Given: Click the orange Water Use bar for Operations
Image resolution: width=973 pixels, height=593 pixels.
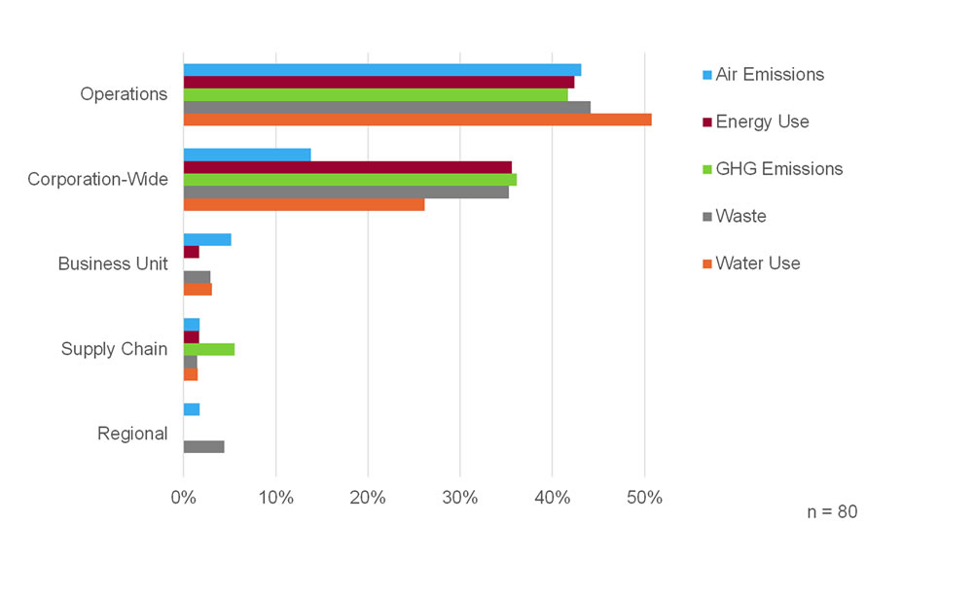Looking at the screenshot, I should click(x=417, y=120).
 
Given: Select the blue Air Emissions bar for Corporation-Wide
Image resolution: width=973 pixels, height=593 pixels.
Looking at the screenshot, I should click(x=247, y=155).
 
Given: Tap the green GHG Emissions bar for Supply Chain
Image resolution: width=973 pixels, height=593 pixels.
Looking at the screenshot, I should click(x=209, y=350).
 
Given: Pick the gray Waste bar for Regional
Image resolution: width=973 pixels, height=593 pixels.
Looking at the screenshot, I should click(x=204, y=447).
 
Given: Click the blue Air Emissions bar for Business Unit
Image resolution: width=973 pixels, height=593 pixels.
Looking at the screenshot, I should click(x=207, y=239).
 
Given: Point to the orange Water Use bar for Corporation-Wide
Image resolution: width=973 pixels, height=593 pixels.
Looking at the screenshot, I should click(x=304, y=204).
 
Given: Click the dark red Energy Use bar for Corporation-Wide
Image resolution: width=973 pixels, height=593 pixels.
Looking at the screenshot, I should click(x=347, y=167).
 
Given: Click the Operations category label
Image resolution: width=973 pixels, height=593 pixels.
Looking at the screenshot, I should click(x=124, y=94).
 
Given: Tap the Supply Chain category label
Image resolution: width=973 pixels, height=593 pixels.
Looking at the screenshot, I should click(x=114, y=349).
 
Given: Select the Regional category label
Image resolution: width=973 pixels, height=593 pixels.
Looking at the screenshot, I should click(x=132, y=434).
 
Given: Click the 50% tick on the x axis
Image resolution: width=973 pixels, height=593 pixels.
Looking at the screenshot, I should click(x=644, y=498).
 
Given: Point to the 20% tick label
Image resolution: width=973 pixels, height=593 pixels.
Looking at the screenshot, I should click(x=368, y=498).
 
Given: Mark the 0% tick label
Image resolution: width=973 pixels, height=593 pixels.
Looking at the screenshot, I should click(x=184, y=498).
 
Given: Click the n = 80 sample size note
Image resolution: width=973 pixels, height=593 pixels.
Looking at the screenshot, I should click(x=832, y=511).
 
